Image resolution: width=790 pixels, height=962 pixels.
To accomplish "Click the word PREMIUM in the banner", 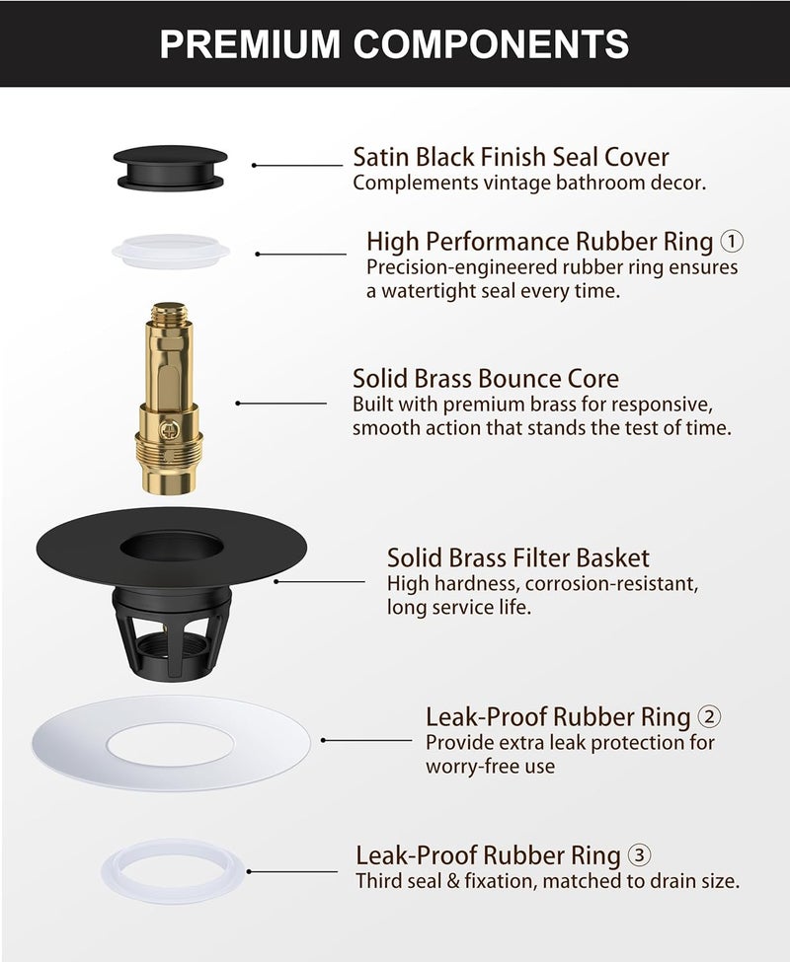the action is coord(250,43).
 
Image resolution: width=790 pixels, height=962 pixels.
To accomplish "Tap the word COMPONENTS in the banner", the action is coord(491,43).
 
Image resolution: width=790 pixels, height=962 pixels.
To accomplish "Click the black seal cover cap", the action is coord(170,168).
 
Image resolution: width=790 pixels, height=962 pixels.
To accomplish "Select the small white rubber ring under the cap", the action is coord(171,251).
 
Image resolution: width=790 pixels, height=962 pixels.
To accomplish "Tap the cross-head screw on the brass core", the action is coord(167,430).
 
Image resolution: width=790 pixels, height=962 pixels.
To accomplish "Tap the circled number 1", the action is coord(732,241).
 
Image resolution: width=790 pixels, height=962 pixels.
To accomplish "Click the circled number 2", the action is coord(710,716).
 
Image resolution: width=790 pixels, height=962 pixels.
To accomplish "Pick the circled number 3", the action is coord(640,855).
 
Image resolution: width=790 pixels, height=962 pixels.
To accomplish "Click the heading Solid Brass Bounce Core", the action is coord(486,379).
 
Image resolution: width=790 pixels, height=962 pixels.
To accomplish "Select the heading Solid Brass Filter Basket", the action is coord(518,557).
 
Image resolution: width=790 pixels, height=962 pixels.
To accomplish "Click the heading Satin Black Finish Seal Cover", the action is coord(511,157).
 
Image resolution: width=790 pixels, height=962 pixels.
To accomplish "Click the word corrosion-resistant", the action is coord(611,583).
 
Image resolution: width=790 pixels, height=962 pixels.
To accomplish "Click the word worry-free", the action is coord(470,767).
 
